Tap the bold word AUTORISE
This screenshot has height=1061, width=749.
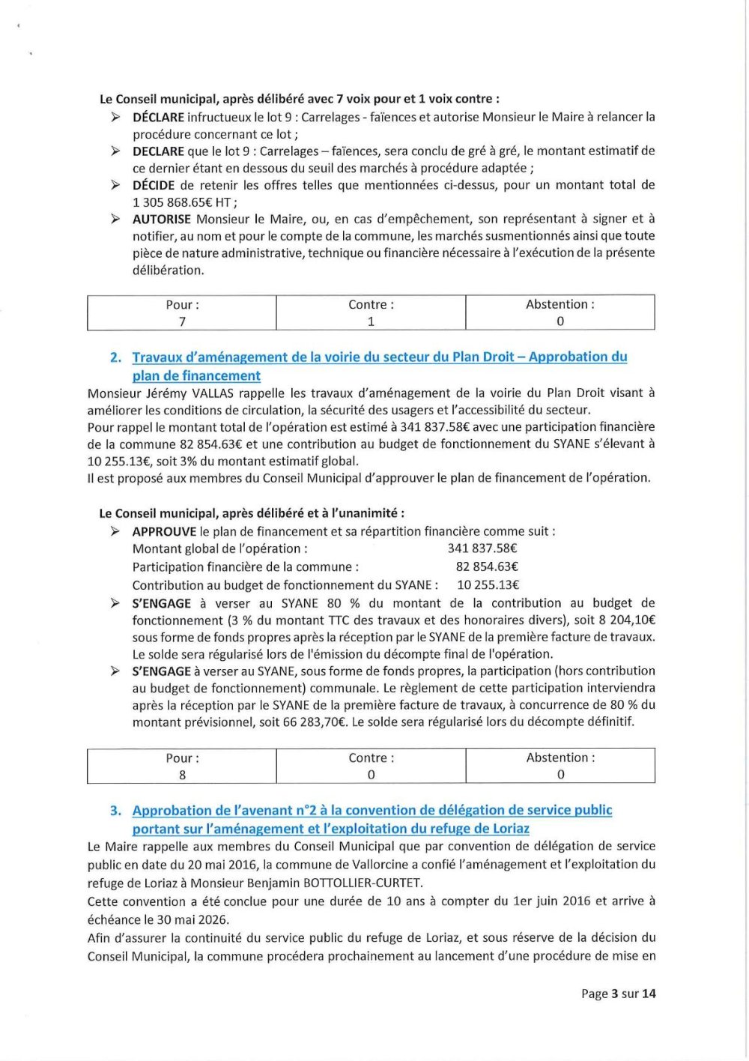[x=162, y=220]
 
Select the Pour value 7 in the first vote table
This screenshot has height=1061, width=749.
[x=182, y=321]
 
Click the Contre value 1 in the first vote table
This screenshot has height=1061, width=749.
[x=371, y=321]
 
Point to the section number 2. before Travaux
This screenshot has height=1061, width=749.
[x=115, y=357]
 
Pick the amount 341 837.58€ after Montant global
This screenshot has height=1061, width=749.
[x=482, y=548]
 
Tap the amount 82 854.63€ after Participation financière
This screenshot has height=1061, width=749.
[x=487, y=567]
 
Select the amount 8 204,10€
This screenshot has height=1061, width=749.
[x=627, y=620]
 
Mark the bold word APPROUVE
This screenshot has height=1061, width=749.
[x=164, y=532]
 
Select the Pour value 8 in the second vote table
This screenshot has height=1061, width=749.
[x=182, y=775]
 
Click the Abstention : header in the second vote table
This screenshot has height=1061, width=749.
[x=560, y=758]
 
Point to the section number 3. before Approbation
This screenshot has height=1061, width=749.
[x=115, y=811]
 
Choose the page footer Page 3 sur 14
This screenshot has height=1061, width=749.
[x=618, y=994]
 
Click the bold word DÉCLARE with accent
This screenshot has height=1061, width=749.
[x=158, y=117]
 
